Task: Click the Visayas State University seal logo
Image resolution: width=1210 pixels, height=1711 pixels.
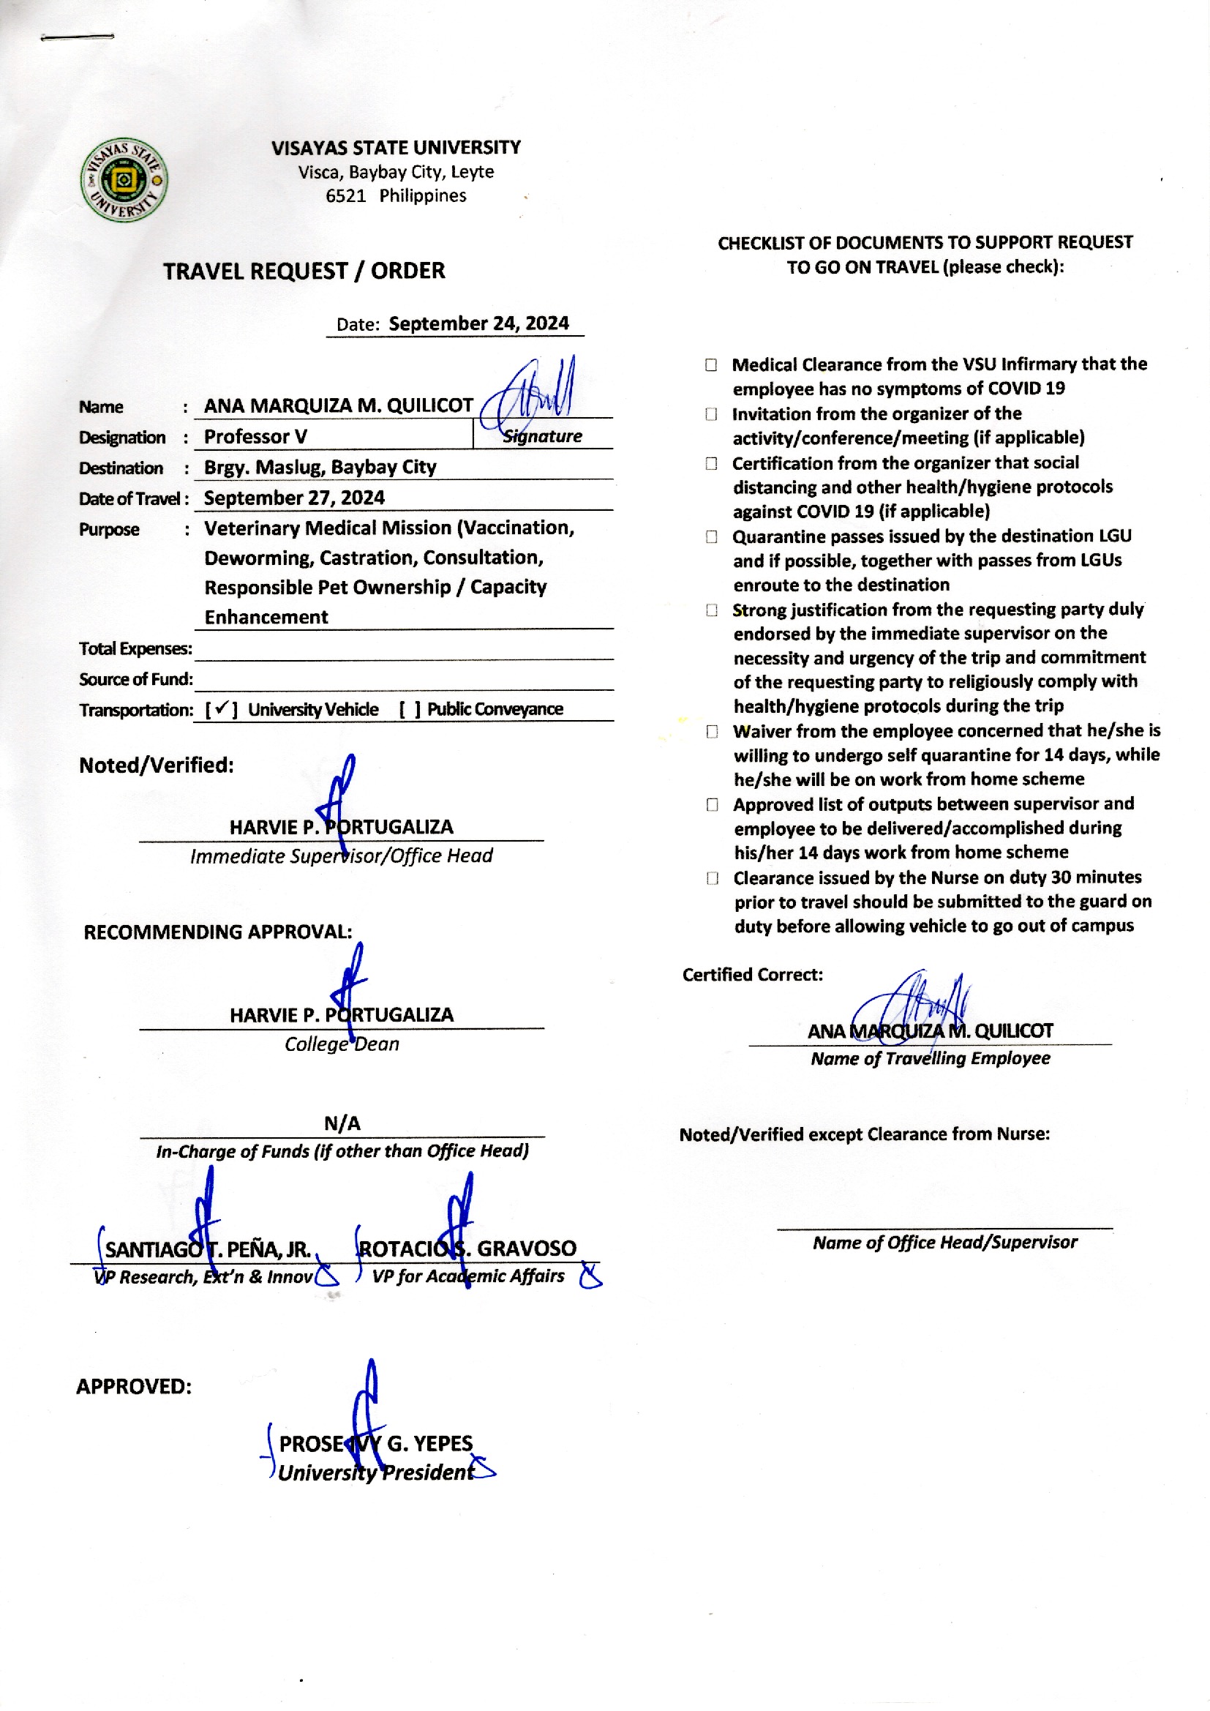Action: [x=124, y=179]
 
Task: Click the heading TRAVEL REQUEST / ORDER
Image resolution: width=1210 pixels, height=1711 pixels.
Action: [x=304, y=271]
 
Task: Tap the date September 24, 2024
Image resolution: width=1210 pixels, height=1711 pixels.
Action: [x=478, y=323]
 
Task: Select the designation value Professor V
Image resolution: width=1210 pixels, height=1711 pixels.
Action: [x=255, y=437]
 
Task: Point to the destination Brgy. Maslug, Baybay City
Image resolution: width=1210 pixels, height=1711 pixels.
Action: [x=320, y=467]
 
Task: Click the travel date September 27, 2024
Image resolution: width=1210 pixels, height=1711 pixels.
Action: [x=294, y=498]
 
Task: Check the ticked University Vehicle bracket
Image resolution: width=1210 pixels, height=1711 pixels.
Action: [x=221, y=709]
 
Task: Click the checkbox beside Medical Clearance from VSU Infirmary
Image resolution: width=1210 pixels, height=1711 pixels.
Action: [x=712, y=365]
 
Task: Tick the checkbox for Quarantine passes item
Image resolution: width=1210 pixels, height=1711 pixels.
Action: [x=712, y=537]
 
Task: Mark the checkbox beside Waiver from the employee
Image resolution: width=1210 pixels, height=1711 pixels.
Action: [x=713, y=732]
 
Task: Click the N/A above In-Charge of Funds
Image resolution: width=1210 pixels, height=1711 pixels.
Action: [x=342, y=1123]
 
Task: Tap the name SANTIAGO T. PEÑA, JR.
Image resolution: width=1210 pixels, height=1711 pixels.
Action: [x=208, y=1250]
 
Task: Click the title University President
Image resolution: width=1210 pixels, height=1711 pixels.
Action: [x=376, y=1472]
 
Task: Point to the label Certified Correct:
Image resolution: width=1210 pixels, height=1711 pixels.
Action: [x=753, y=975]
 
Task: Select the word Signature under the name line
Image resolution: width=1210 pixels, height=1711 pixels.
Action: [x=542, y=437]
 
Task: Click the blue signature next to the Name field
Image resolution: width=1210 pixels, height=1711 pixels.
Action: [x=527, y=395]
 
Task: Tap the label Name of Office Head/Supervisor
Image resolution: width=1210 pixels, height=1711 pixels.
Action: [x=944, y=1242]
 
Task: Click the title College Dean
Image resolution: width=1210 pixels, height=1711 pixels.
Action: [x=342, y=1044]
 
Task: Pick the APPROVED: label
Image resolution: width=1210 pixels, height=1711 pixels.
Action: [x=134, y=1387]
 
